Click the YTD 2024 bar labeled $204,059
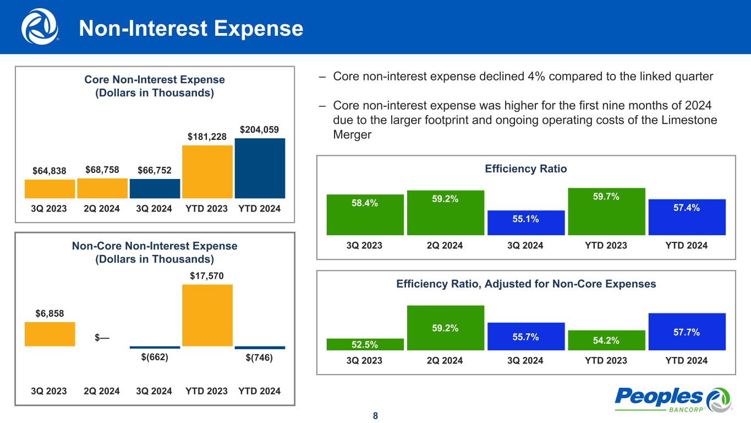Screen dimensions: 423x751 pos(260,168)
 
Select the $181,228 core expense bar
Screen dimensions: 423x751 pos(207,171)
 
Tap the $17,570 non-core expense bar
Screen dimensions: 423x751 pos(207,315)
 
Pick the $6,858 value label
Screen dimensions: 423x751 pos(50,313)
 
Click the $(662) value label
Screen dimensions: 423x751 pos(155,357)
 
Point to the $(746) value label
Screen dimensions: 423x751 pos(260,357)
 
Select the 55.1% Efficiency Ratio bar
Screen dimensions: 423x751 pos(526,223)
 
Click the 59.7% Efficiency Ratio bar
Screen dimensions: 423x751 pos(606,211)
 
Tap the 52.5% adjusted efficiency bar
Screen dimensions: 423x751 pos(365,344)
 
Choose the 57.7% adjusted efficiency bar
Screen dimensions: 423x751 pos(687,332)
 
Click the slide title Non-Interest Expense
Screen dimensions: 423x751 pos(191,29)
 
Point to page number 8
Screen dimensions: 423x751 pos(375,415)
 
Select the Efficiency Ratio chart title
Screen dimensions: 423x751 pos(525,169)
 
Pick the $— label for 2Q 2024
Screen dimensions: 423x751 pos(102,337)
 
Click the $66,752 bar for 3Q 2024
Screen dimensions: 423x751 pos(155,188)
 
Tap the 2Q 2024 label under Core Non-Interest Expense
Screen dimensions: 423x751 pos(102,209)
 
